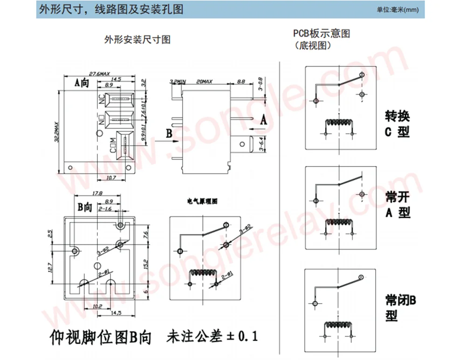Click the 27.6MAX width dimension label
[x=100, y=74]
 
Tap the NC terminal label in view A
[x=101, y=99]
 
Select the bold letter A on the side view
[x=263, y=119]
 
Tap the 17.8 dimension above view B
[x=97, y=193]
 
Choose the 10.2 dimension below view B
[x=97, y=306]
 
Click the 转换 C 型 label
[x=397, y=124]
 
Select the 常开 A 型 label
[x=397, y=205]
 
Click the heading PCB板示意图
[x=321, y=34]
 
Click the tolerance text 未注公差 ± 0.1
[x=212, y=336]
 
